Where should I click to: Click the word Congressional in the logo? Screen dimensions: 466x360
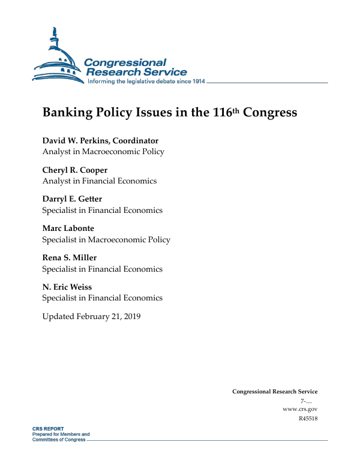pos(125,62)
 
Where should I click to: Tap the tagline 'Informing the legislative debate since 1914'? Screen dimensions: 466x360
pos(146,82)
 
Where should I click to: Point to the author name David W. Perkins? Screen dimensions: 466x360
pos(75,141)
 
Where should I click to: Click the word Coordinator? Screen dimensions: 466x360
pos(136,141)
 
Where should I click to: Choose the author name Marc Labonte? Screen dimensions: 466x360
pos(68,229)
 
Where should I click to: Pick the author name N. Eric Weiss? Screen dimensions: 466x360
pos(67,287)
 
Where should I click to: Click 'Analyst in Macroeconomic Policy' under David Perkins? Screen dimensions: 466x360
pos(103,152)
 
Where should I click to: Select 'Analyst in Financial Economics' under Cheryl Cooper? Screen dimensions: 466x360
pos(99,181)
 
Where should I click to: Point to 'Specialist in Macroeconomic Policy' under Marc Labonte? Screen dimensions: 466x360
pos(106,239)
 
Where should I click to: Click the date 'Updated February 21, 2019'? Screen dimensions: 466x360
pos(91,316)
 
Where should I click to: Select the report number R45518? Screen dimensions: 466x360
pos(307,418)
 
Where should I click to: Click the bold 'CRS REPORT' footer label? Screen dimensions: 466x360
pos(47,429)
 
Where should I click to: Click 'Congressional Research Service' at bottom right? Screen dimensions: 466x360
pos(275,392)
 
